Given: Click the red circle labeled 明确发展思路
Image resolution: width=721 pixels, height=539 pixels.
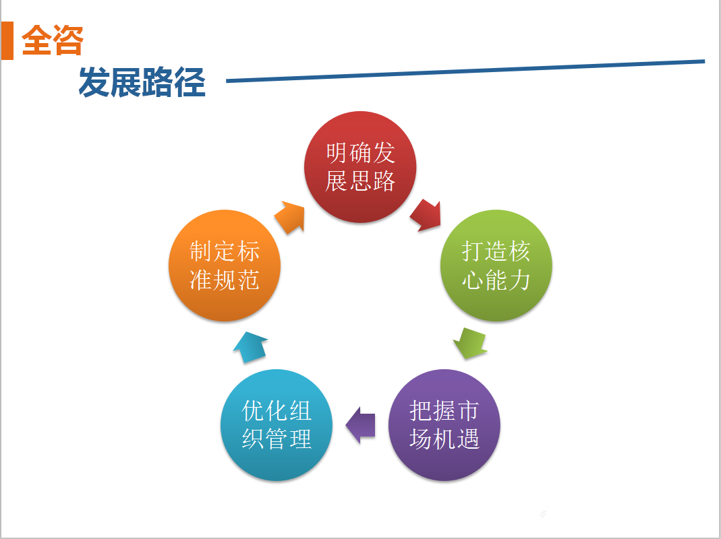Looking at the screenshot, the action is (360, 167).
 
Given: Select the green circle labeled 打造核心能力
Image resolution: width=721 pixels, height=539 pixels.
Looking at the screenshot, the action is (496, 265).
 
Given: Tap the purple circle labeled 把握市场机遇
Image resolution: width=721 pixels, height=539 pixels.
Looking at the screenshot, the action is (444, 425).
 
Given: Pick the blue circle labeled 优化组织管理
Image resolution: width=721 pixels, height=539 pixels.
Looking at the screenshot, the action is (277, 425).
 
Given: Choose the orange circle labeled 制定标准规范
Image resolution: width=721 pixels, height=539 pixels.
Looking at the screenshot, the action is (225, 265).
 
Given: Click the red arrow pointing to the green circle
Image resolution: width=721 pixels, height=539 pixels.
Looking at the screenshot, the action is (426, 215).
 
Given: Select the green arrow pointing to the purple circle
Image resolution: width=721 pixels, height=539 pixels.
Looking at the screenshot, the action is (470, 343).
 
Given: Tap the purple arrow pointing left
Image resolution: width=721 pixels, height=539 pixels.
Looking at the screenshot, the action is (360, 425).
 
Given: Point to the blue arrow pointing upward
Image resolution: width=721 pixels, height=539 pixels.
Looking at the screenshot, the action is (250, 348).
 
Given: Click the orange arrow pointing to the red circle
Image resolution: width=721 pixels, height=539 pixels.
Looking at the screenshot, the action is (290, 217).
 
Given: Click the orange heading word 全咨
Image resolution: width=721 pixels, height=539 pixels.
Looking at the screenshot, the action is (53, 40).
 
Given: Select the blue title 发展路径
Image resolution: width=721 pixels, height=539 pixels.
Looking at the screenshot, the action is (142, 82).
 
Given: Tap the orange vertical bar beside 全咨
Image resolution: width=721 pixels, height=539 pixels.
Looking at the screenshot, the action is (7, 40).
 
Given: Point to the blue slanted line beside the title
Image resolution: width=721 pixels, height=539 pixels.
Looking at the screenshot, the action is (465, 71).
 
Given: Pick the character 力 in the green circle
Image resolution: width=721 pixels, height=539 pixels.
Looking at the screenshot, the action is (519, 280).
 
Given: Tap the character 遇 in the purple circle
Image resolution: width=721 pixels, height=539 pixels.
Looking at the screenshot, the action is (468, 439).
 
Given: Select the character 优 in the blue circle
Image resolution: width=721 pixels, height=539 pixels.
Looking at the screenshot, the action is (253, 411).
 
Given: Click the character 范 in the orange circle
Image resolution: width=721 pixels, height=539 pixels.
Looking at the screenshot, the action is (248, 280).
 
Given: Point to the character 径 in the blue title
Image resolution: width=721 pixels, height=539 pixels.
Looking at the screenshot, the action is (190, 82).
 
